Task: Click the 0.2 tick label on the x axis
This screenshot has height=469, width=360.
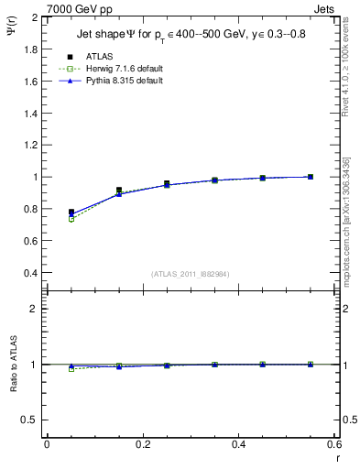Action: pyautogui.click(x=142, y=444)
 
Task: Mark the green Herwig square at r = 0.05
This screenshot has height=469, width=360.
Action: pyautogui.click(x=71, y=219)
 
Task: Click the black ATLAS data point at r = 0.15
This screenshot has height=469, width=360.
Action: pyautogui.click(x=119, y=190)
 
